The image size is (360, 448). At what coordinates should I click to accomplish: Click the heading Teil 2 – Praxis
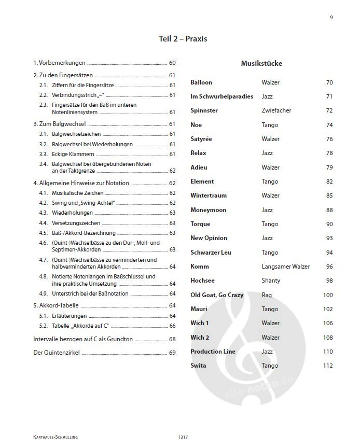pos(183,39)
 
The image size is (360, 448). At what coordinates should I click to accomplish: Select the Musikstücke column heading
pos(261,64)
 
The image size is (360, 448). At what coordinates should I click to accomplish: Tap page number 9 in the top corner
pos(331,17)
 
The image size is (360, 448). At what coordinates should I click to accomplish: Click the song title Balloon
pos(201,82)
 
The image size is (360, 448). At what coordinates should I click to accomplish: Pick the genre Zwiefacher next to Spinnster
pos(276,111)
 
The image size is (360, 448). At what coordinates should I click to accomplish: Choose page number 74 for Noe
pos(329,125)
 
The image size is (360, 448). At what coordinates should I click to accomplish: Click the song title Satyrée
pos(201,139)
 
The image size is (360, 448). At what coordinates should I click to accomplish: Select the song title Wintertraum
pos(209,195)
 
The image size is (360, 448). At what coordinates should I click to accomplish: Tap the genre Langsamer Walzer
pos(286,267)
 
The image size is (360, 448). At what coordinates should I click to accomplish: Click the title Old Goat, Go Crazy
pos(217,295)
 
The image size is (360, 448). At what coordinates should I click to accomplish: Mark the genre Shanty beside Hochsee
pos(271,281)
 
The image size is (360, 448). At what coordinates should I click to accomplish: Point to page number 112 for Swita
pos(327,366)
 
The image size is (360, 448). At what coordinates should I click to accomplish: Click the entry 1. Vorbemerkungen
pos(59,63)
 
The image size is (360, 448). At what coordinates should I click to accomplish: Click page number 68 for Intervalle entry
pos(172,339)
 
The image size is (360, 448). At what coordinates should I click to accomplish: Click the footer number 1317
pos(182,438)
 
